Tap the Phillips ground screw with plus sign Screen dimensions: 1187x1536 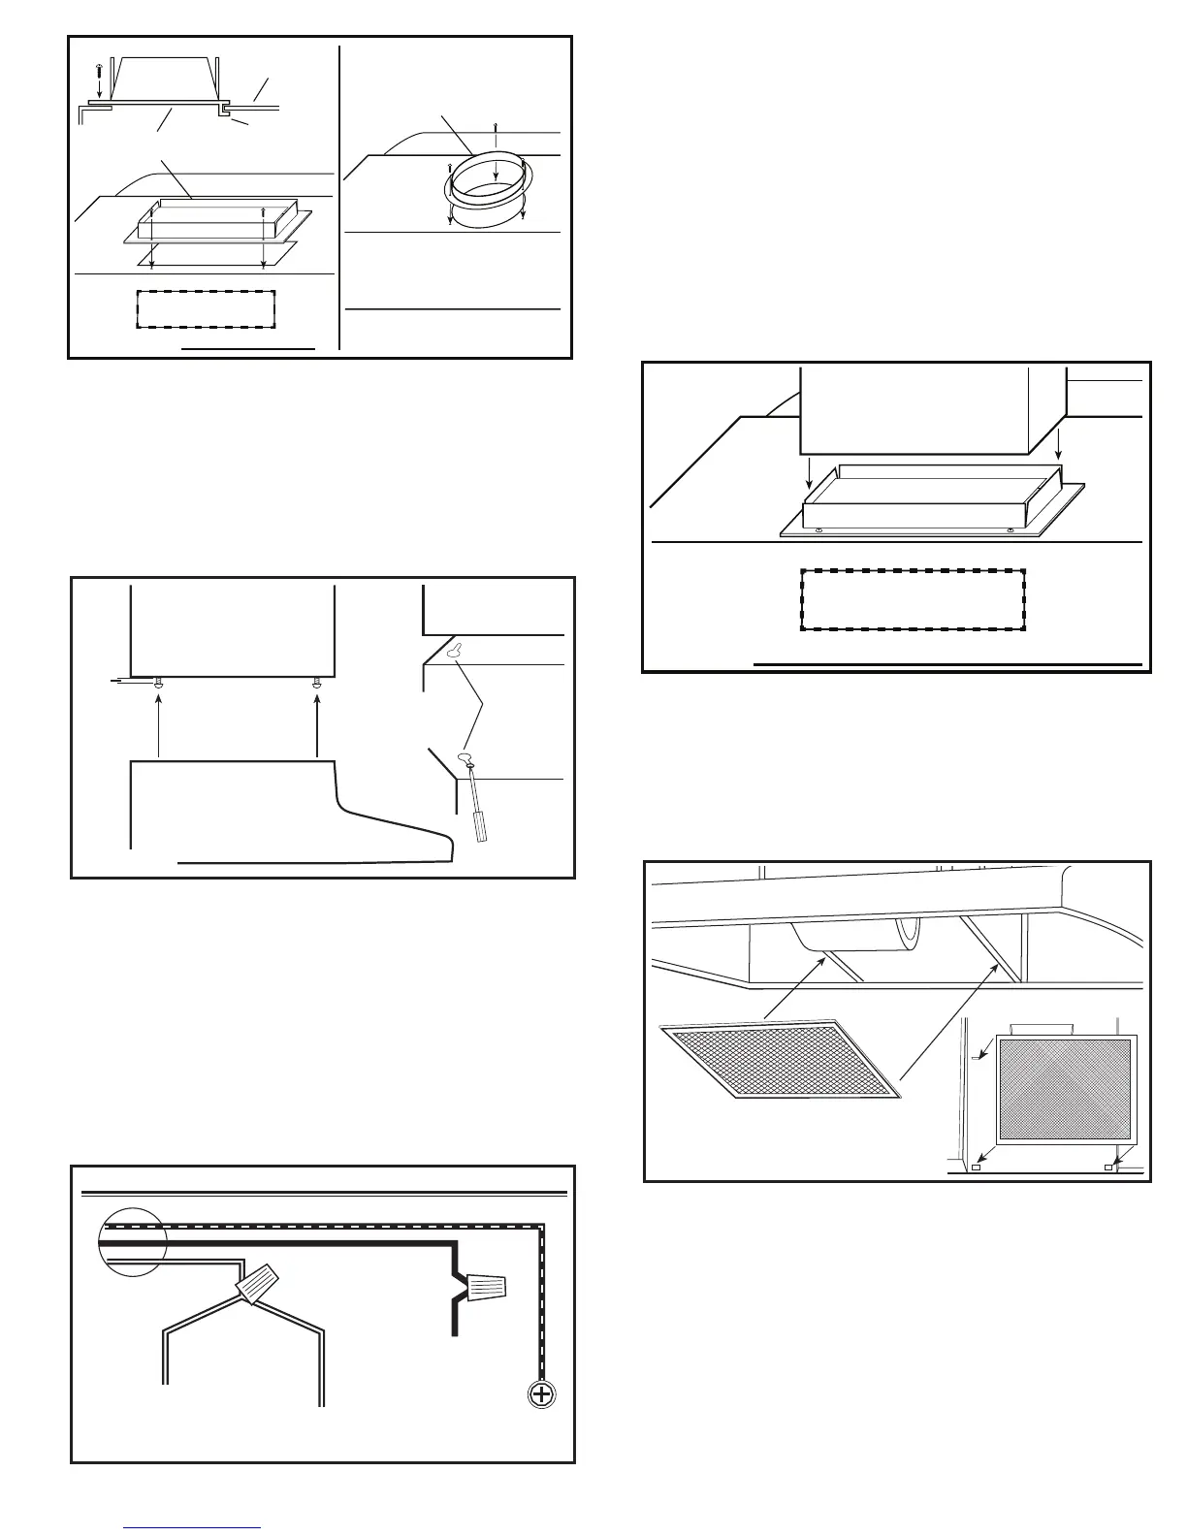pyautogui.click(x=541, y=1397)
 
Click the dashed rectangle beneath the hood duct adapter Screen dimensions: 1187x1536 pyautogui.click(x=913, y=600)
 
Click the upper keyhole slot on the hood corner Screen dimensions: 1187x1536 pyautogui.click(x=453, y=652)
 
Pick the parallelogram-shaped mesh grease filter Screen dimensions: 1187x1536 pyautogui.click(x=782, y=1059)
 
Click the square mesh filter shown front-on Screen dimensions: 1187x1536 pyautogui.click(x=1065, y=1090)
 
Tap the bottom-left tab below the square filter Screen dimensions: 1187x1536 pyautogui.click(x=977, y=1168)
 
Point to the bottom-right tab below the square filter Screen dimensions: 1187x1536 pyautogui.click(x=1109, y=1168)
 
